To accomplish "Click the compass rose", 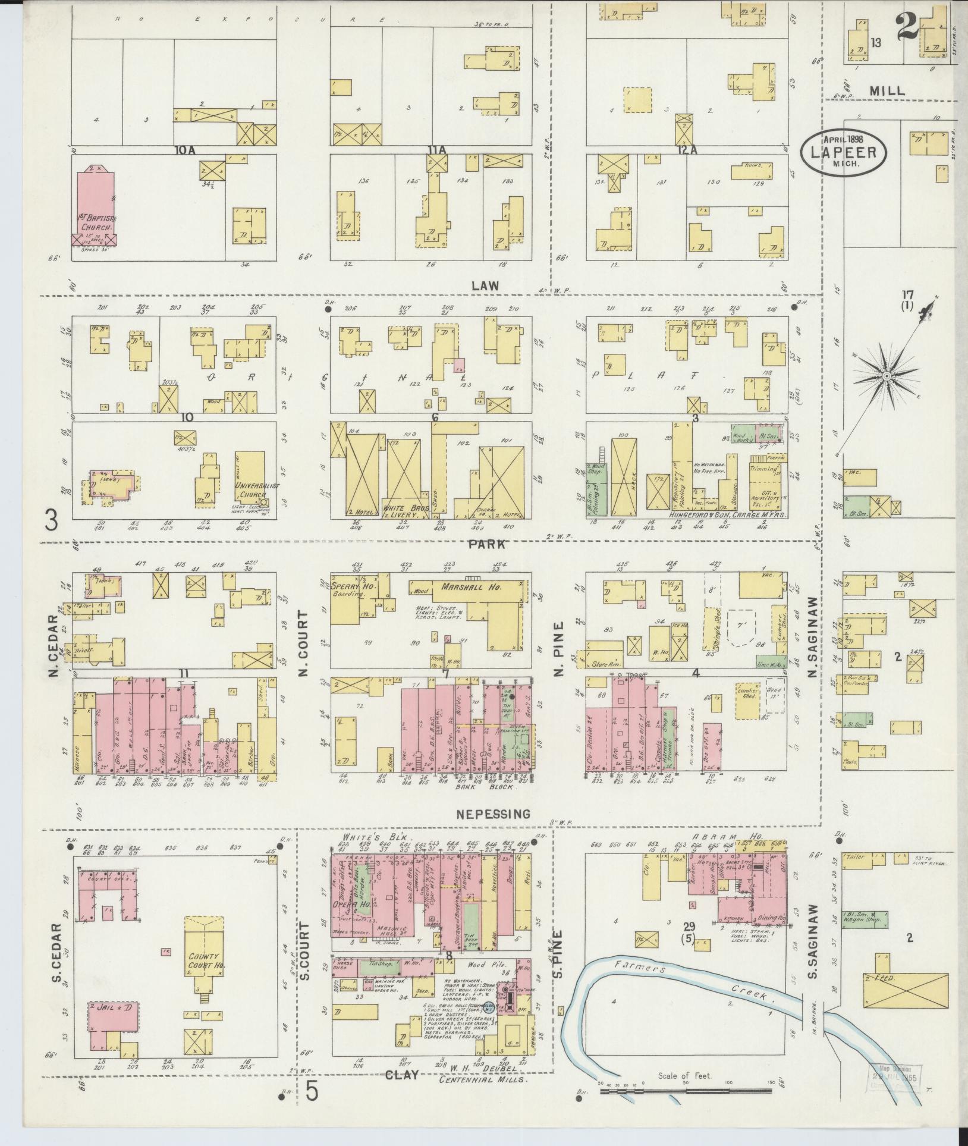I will point(886,376).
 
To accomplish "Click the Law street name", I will point(485,286).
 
